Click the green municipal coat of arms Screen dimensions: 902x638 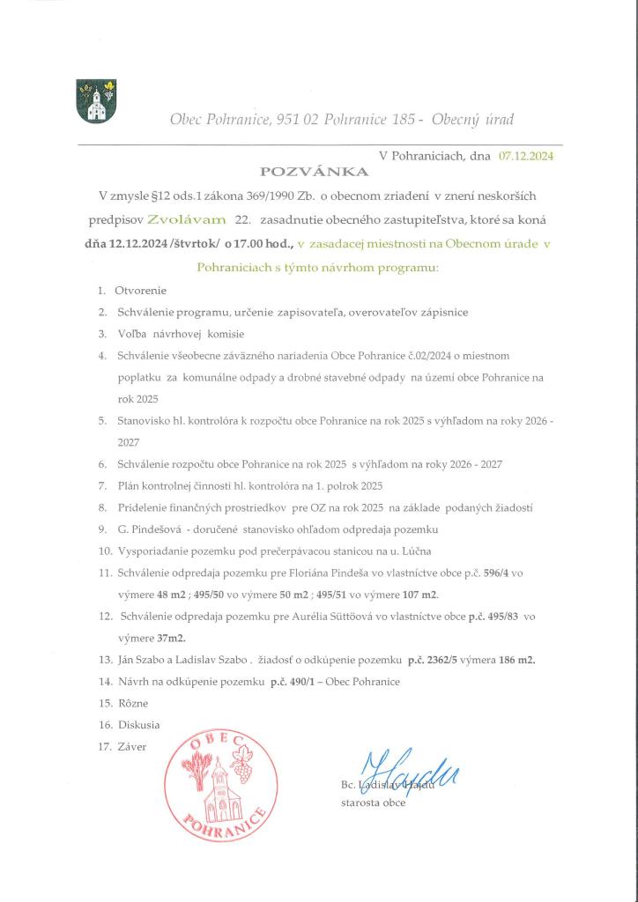97,101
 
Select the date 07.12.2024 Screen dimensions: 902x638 526,155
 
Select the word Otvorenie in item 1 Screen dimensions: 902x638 141,290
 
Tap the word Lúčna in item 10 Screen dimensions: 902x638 436,551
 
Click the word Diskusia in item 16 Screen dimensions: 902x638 139,725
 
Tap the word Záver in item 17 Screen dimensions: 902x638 132,747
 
